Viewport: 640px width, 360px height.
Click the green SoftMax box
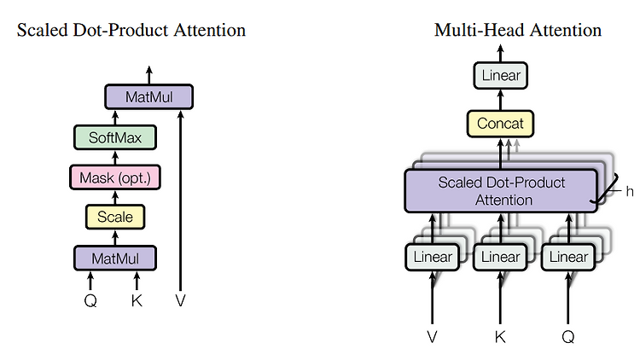click(115, 137)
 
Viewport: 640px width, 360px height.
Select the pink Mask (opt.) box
click(115, 177)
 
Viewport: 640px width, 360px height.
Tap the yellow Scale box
click(115, 217)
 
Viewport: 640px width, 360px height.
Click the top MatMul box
click(149, 96)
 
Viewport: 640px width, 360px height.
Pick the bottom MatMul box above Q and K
click(115, 258)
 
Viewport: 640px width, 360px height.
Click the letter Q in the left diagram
click(90, 301)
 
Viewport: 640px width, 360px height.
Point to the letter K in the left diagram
click(137, 301)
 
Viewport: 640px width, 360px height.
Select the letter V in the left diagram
click(180, 301)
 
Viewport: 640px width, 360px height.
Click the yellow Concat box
click(500, 123)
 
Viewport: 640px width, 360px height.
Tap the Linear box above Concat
click(501, 76)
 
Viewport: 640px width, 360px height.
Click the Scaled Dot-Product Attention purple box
click(501, 191)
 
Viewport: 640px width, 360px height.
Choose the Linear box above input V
click(433, 257)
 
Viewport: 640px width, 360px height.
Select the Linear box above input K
click(500, 257)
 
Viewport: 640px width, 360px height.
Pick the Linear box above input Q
click(568, 257)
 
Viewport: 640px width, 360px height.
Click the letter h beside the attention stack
click(630, 191)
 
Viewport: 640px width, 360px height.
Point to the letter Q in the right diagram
click(568, 337)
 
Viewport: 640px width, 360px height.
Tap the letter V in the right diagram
click(433, 337)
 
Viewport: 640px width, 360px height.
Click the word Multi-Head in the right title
click(479, 30)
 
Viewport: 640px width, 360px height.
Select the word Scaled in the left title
click(43, 30)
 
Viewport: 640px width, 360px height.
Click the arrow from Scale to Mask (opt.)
click(115, 197)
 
